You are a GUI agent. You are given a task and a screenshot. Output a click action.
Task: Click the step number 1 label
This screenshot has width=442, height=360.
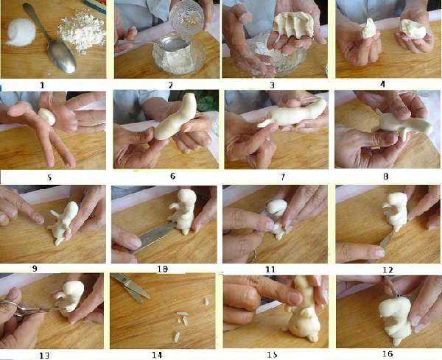point(42,85)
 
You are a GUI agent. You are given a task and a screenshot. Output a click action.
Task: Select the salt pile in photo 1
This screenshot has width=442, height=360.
point(21,32)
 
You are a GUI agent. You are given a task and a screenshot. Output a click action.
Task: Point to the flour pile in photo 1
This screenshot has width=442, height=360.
point(82,30)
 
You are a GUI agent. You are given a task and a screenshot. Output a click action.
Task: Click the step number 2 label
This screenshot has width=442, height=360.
point(171,85)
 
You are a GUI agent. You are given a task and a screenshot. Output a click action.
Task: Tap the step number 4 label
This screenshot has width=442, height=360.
point(382,84)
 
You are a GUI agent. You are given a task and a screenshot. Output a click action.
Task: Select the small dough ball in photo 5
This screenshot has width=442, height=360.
point(47,116)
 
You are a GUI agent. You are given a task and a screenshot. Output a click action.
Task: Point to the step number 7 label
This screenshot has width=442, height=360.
point(283,177)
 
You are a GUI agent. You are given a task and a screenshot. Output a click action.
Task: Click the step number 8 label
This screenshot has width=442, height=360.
point(386,177)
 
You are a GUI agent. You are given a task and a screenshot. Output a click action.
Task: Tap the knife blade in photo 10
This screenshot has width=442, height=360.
point(155,236)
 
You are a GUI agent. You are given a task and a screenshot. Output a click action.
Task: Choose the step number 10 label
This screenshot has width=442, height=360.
point(163,269)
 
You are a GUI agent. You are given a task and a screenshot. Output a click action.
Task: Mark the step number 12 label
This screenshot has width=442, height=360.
point(388,270)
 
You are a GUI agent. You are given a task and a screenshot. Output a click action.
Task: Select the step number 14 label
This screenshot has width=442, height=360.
point(157,355)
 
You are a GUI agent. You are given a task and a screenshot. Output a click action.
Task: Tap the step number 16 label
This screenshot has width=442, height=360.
point(388,354)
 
